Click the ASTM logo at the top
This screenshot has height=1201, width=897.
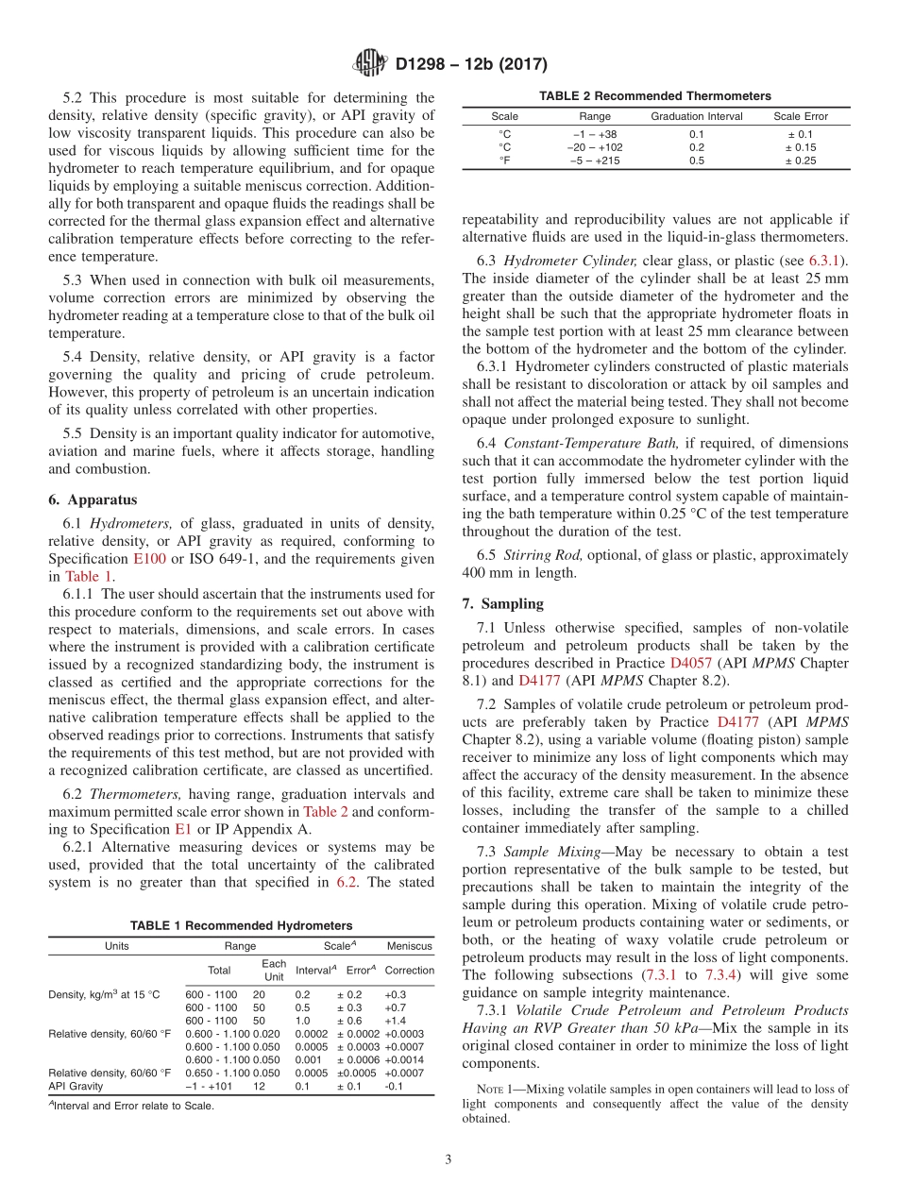pyautogui.click(x=369, y=63)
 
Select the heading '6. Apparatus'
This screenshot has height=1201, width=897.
pyautogui.click(x=93, y=499)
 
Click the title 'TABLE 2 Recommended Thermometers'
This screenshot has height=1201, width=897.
pyautogui.click(x=654, y=96)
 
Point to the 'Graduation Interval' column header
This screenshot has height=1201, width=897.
pyautogui.click(x=696, y=116)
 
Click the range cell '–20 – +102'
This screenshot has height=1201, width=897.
pyautogui.click(x=595, y=147)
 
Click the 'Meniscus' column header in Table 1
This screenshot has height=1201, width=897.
pyautogui.click(x=409, y=945)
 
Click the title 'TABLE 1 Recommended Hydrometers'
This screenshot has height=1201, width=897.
pyautogui.click(x=241, y=925)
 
